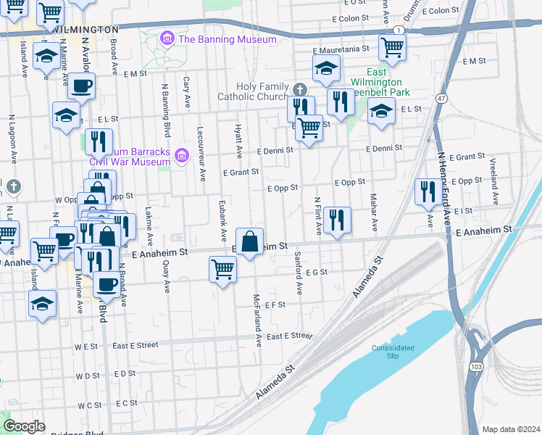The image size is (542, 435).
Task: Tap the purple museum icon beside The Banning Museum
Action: tap(167, 38)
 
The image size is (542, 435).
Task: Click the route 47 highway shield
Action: tap(441, 97)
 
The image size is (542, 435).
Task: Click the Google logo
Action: tap(24, 426)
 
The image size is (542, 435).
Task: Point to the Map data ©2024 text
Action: tap(511, 429)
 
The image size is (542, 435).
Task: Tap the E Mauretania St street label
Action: tap(341, 50)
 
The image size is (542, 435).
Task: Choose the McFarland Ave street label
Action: tap(257, 319)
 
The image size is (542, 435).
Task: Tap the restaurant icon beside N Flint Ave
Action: tap(337, 220)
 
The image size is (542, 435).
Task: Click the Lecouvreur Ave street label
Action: tap(202, 157)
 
